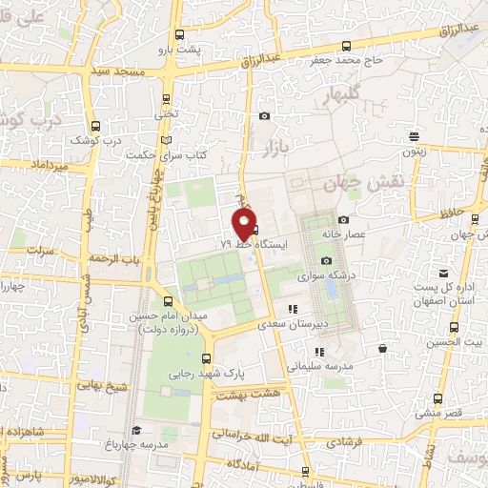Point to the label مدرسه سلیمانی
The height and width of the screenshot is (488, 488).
[x=320, y=366]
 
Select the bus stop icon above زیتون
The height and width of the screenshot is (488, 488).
[x=413, y=136]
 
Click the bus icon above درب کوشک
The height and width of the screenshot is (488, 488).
[x=94, y=126]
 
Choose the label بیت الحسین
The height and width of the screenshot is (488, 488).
[x=454, y=342]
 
